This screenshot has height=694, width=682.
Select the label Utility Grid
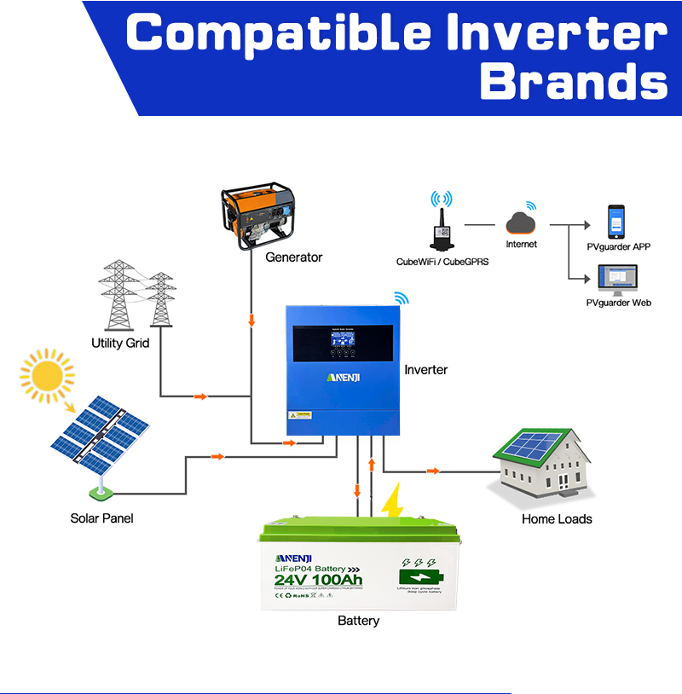[120, 344]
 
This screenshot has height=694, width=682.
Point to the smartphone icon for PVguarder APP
[616, 222]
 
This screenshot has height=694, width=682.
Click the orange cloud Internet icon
[521, 224]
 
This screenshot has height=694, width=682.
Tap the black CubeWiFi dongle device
[442, 231]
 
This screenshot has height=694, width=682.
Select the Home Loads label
[557, 518]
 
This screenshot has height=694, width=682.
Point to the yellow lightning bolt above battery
[392, 503]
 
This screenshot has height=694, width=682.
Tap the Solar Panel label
[101, 518]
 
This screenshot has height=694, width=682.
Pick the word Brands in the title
[572, 84]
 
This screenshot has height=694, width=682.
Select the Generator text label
[294, 257]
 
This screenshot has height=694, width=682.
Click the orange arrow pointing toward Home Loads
[433, 471]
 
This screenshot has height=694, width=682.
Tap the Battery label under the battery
[358, 620]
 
